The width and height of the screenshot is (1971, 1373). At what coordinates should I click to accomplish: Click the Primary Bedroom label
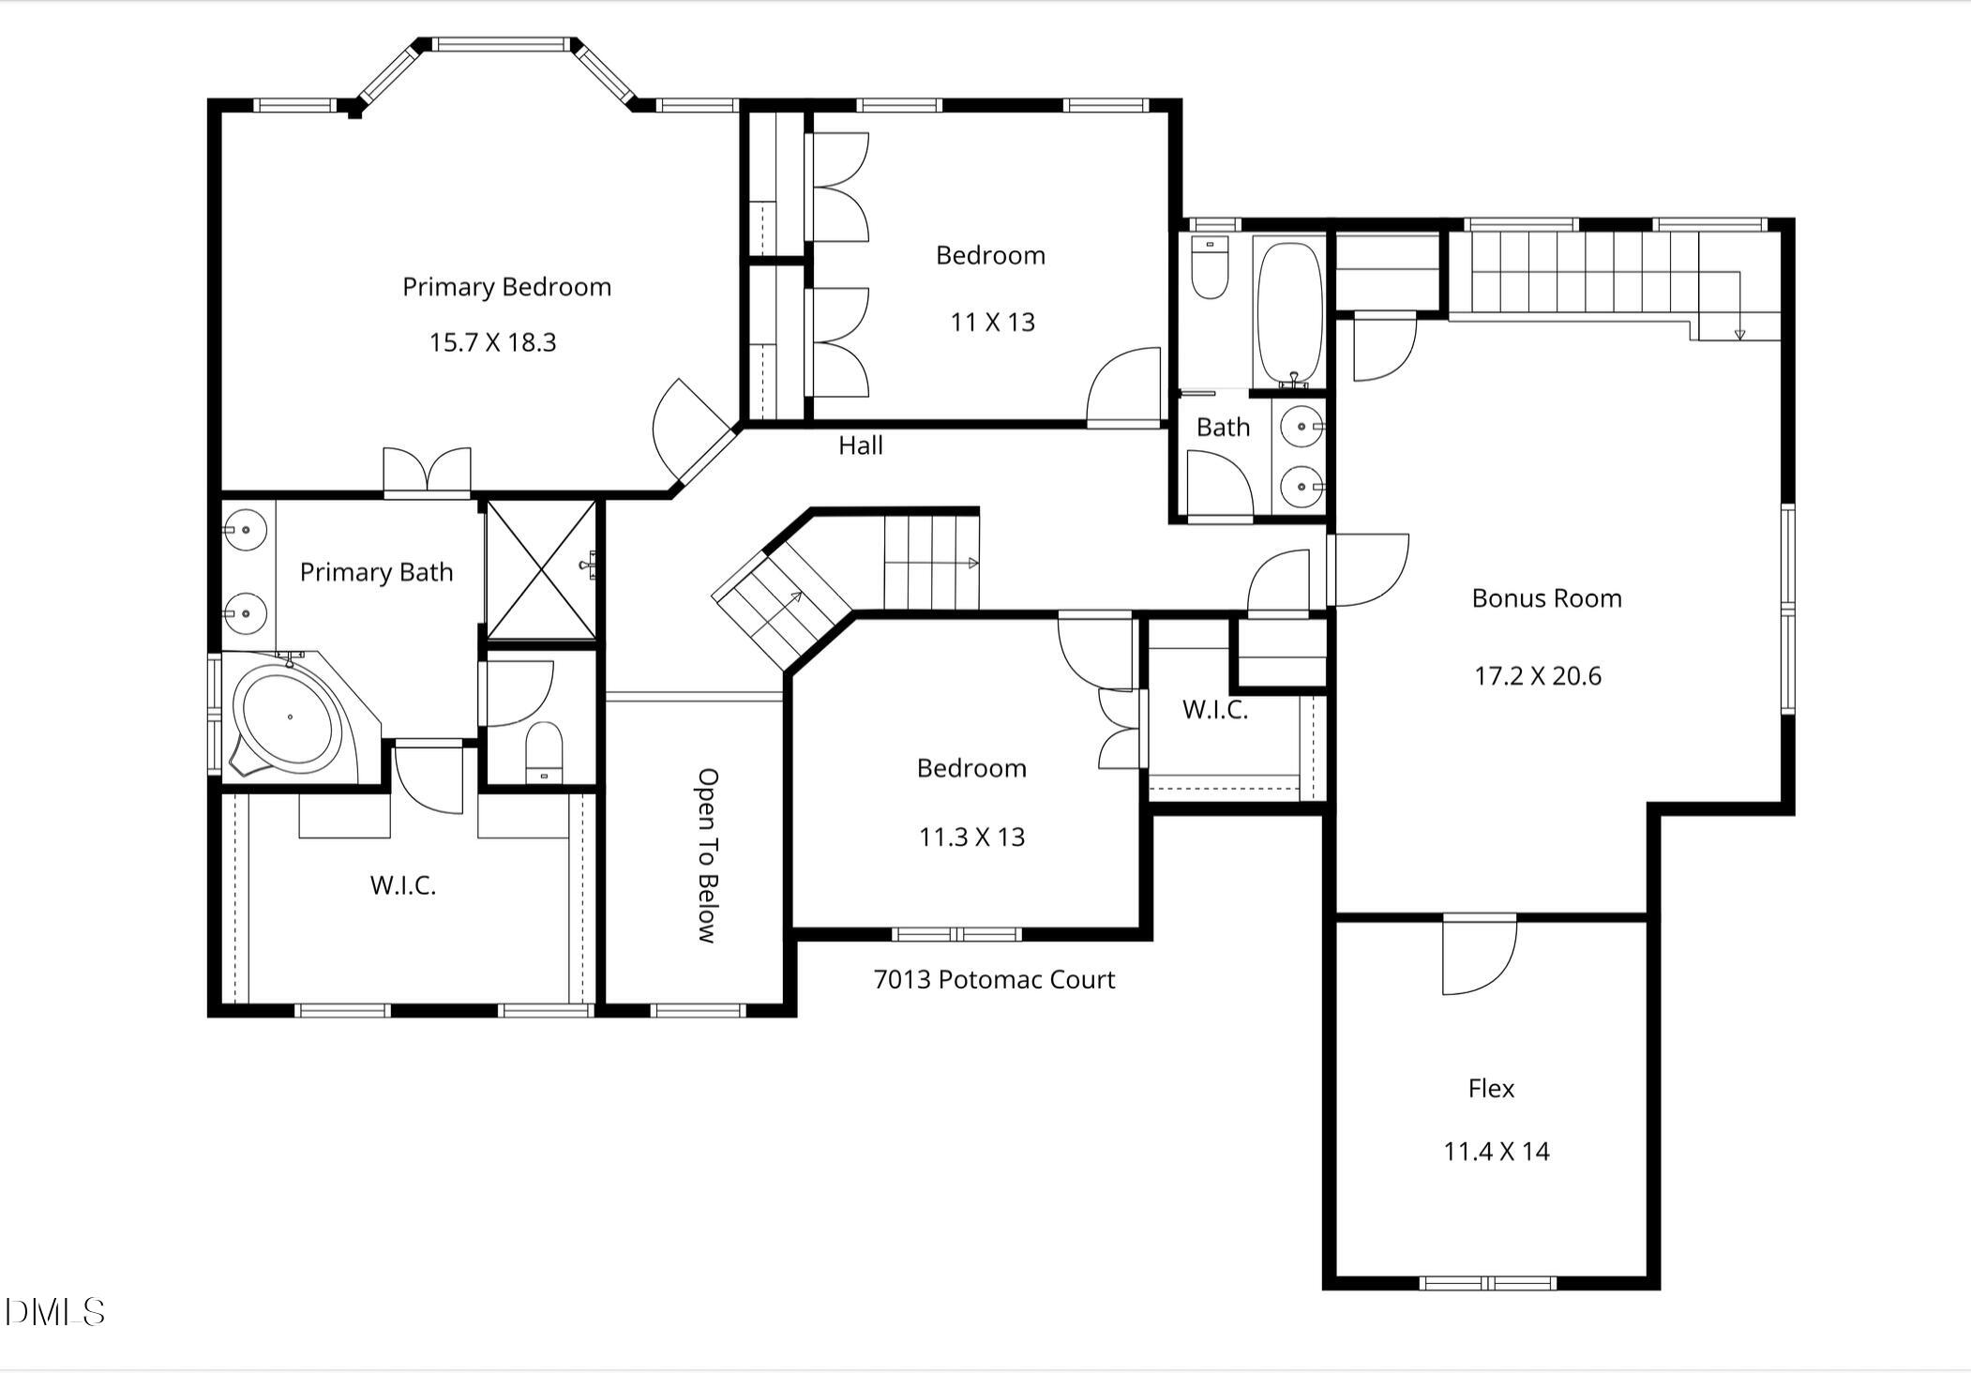[506, 287]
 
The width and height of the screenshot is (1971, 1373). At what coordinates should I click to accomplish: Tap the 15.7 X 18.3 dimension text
[492, 342]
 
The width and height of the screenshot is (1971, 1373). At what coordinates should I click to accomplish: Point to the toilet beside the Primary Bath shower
[543, 750]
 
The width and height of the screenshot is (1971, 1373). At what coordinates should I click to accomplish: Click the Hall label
[860, 445]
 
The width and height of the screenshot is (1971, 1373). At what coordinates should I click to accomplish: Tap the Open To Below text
[708, 854]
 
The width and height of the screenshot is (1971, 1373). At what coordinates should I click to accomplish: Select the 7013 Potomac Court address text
[994, 980]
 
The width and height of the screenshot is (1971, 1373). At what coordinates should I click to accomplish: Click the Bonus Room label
[1546, 598]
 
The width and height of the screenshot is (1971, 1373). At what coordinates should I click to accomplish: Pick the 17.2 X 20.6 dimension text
[1537, 676]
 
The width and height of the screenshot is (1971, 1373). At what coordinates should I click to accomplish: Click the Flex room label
[1491, 1089]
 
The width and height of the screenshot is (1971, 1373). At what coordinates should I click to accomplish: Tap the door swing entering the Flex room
[1479, 957]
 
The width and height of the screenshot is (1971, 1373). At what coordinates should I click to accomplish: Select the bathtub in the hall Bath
[1289, 314]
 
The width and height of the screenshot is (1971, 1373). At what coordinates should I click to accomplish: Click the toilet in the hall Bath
[1210, 267]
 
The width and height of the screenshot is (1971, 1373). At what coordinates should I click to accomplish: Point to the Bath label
[1223, 428]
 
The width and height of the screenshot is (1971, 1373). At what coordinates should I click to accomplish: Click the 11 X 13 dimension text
[992, 323]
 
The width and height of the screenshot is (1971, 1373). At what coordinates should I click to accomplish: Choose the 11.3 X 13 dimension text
[971, 837]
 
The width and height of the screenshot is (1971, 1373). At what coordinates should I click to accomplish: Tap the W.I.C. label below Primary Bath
[402, 885]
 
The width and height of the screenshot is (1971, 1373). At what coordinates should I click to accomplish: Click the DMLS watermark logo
[54, 1312]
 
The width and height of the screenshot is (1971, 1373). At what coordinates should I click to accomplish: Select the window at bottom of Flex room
[1487, 1283]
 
